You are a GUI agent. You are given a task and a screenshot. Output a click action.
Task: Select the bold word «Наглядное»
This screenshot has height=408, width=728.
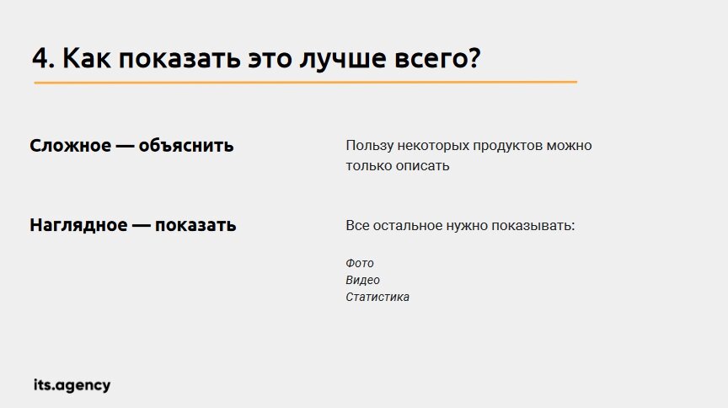click(78, 226)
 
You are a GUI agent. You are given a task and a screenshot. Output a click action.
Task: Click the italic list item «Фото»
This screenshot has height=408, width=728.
click(360, 264)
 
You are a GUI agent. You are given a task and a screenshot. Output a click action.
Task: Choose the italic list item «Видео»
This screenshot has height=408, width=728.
click(363, 281)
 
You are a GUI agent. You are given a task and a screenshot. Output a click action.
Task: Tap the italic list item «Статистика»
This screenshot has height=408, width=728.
click(377, 298)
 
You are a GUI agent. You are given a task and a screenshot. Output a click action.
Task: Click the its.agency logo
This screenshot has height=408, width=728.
click(72, 385)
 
